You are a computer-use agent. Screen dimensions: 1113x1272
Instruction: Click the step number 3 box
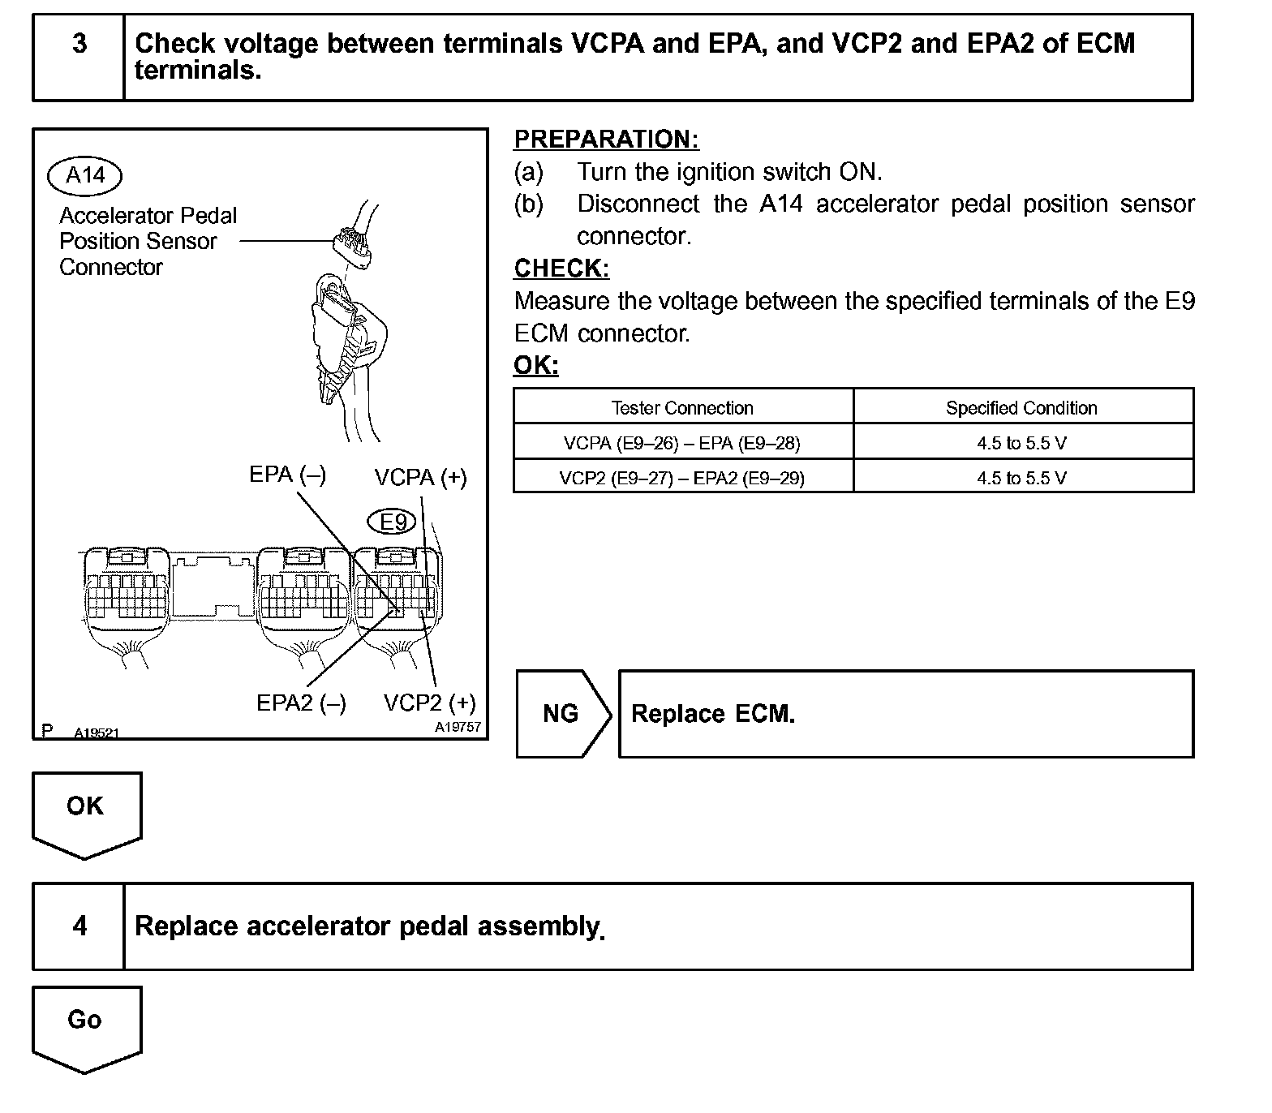(x=79, y=57)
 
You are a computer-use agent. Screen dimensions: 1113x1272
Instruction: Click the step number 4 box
(x=79, y=926)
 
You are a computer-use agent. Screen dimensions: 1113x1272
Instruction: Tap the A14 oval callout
(x=84, y=175)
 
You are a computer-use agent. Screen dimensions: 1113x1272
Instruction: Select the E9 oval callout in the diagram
(x=393, y=522)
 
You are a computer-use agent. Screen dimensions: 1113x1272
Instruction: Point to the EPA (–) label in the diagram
(x=287, y=475)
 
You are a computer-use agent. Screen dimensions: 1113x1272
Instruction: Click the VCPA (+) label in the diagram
(x=420, y=478)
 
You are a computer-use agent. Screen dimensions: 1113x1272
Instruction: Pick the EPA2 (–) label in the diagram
(x=301, y=703)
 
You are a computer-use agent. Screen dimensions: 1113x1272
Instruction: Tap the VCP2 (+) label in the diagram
(x=429, y=703)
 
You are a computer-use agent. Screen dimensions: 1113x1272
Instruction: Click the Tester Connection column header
(x=682, y=407)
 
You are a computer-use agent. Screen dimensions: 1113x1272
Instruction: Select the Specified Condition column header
(x=1021, y=407)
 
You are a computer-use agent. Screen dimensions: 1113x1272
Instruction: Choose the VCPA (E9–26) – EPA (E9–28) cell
(x=682, y=443)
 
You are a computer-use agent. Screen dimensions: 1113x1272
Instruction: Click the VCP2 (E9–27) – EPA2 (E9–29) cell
(x=682, y=478)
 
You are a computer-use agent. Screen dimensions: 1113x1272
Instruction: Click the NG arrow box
(x=561, y=714)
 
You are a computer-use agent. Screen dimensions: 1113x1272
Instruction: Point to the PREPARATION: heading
(x=606, y=140)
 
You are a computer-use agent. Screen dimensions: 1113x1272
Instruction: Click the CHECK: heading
(x=561, y=269)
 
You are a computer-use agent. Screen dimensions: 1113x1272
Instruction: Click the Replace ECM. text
(x=713, y=714)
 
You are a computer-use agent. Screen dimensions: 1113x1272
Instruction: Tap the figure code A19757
(x=458, y=727)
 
